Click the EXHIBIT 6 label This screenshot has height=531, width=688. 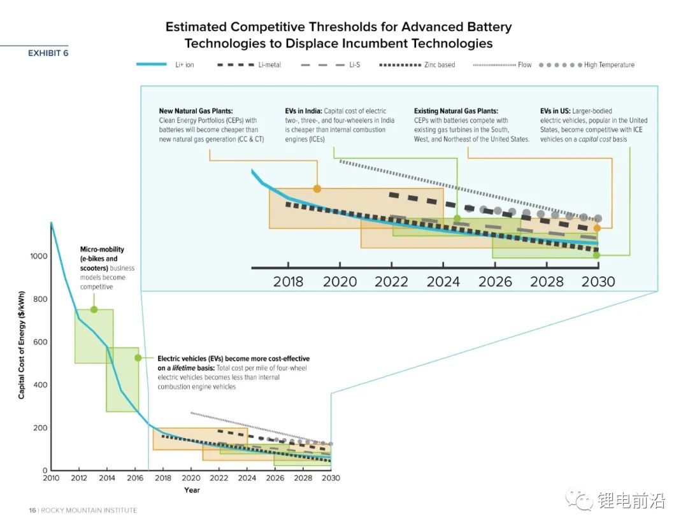click(x=48, y=53)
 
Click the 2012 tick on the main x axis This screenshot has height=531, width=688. click(x=79, y=478)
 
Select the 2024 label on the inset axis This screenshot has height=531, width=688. click(x=443, y=281)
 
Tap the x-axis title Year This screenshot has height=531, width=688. click(x=192, y=490)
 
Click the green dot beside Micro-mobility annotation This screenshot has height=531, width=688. click(x=94, y=309)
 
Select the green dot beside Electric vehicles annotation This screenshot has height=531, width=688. click(x=138, y=358)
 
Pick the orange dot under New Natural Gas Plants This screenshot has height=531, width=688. click(x=317, y=188)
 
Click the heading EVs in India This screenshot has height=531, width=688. click(x=307, y=111)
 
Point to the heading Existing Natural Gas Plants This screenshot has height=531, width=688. click(x=455, y=111)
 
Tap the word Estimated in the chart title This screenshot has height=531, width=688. click(x=197, y=27)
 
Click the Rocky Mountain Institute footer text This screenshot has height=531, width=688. click(x=89, y=511)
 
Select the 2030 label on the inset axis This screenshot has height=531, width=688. click(x=598, y=281)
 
